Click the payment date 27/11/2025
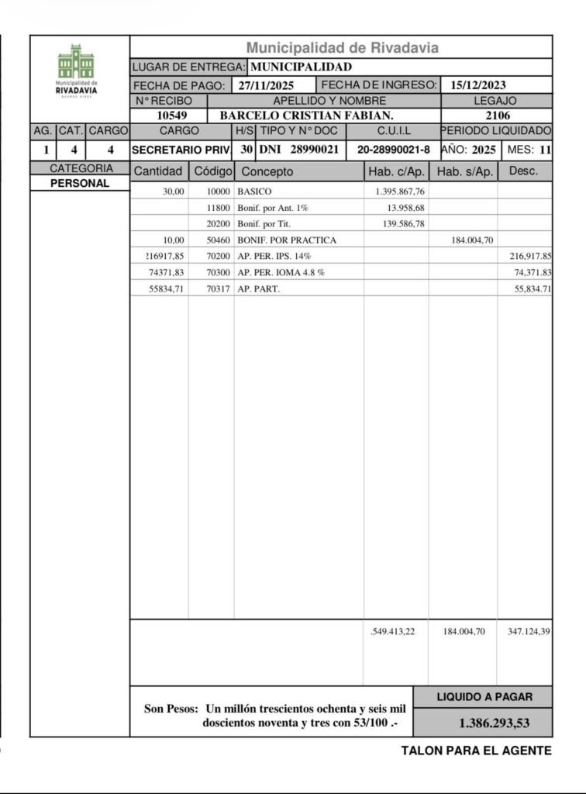click(265, 85)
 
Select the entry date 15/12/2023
click(478, 85)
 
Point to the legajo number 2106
click(496, 116)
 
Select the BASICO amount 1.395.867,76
click(395, 191)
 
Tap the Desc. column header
click(525, 171)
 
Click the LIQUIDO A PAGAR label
click(484, 697)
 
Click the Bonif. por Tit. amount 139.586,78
click(395, 223)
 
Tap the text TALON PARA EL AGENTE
click(476, 751)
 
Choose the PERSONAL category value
click(80, 184)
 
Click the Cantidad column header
click(158, 171)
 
